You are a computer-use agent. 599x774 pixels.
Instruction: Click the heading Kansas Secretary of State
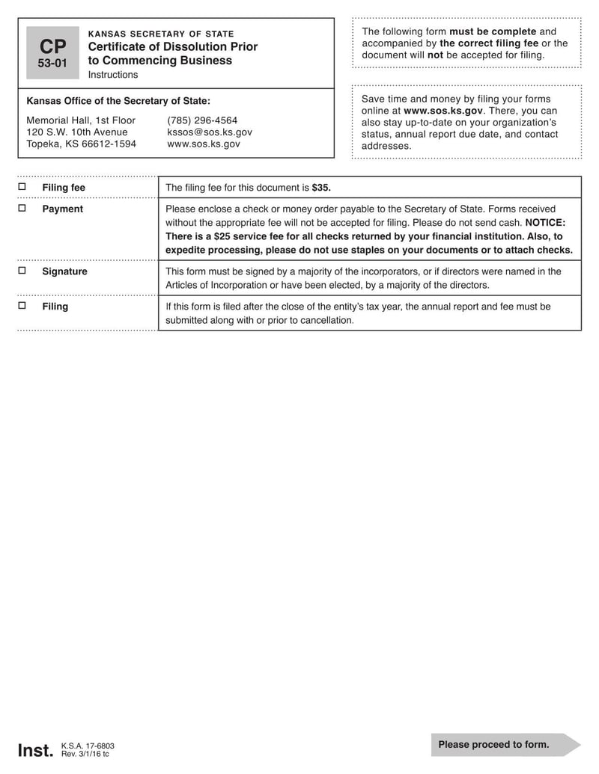161,34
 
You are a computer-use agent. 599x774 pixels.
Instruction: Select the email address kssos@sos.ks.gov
210,132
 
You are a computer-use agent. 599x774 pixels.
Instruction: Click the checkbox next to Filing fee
22,187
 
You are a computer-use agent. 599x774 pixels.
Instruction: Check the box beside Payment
22,208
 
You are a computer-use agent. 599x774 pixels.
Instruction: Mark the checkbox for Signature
22,271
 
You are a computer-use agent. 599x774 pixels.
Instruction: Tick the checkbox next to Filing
22,306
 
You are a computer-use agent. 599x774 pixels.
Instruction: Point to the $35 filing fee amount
321,188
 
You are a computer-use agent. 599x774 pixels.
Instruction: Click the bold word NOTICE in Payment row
545,223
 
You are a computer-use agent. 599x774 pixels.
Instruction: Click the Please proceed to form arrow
505,745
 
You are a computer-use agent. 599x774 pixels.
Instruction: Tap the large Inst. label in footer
34,750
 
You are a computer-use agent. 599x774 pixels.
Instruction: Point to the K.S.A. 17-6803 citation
88,746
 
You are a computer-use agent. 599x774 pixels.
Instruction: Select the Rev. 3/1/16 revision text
85,755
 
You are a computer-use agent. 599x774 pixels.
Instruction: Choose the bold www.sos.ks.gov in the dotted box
443,111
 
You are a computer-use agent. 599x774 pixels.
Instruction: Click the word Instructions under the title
113,75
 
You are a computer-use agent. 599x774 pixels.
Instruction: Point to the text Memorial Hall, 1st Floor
81,120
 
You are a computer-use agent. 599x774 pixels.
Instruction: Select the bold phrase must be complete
492,31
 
